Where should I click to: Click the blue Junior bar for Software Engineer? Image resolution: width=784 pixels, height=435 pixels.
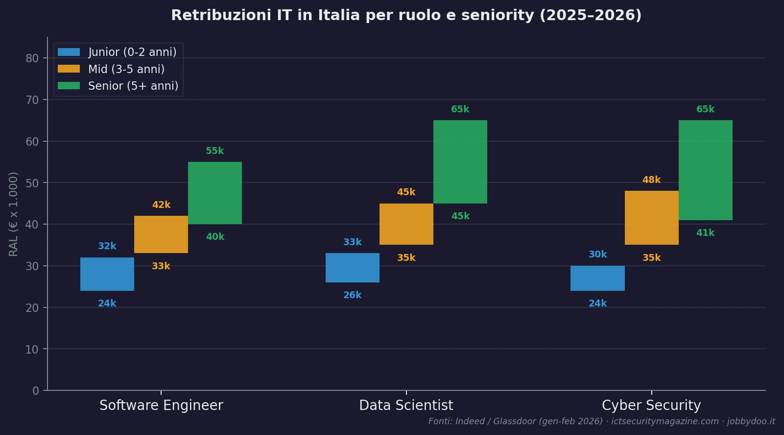[107, 274]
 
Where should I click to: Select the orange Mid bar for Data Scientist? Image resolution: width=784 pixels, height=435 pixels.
[406, 224]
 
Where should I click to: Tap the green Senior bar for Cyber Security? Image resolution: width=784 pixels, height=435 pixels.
[705, 170]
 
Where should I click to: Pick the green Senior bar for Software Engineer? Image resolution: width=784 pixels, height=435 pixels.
[214, 193]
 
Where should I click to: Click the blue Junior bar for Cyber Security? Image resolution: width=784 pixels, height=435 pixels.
[597, 278]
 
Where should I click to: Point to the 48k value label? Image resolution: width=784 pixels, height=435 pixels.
[651, 180]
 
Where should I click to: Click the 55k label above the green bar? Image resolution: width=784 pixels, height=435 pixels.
[214, 151]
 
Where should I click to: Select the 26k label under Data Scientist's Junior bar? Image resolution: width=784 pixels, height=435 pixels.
[352, 295]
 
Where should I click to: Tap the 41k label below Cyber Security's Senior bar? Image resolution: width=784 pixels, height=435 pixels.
[705, 233]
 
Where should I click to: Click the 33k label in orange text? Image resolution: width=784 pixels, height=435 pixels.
[161, 266]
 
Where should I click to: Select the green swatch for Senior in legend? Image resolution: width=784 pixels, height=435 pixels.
[69, 86]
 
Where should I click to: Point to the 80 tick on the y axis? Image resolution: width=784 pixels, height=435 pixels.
[32, 58]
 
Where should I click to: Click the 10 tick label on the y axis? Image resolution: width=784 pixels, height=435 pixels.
[32, 350]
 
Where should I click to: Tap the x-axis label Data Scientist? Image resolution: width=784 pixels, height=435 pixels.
[406, 406]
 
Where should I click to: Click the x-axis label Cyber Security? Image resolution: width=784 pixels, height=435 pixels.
[651, 406]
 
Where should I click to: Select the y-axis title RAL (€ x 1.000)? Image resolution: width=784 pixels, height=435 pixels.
[14, 214]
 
